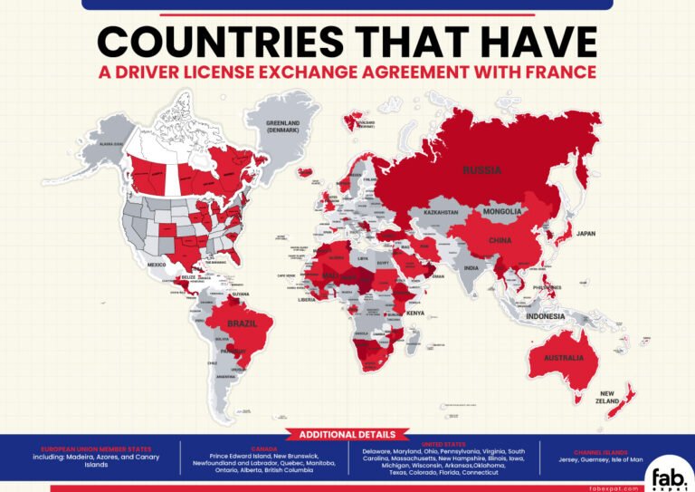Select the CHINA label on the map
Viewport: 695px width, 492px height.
[x=500, y=241]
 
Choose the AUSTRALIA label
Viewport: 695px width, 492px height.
[x=564, y=358]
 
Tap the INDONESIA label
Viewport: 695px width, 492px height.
[x=547, y=316]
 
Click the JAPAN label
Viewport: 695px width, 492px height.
[x=586, y=233]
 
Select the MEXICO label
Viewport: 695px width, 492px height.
[x=158, y=265]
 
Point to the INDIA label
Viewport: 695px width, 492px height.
[x=471, y=268]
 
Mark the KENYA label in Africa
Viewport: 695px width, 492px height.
[x=414, y=313]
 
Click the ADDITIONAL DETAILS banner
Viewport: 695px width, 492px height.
[x=347, y=434]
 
